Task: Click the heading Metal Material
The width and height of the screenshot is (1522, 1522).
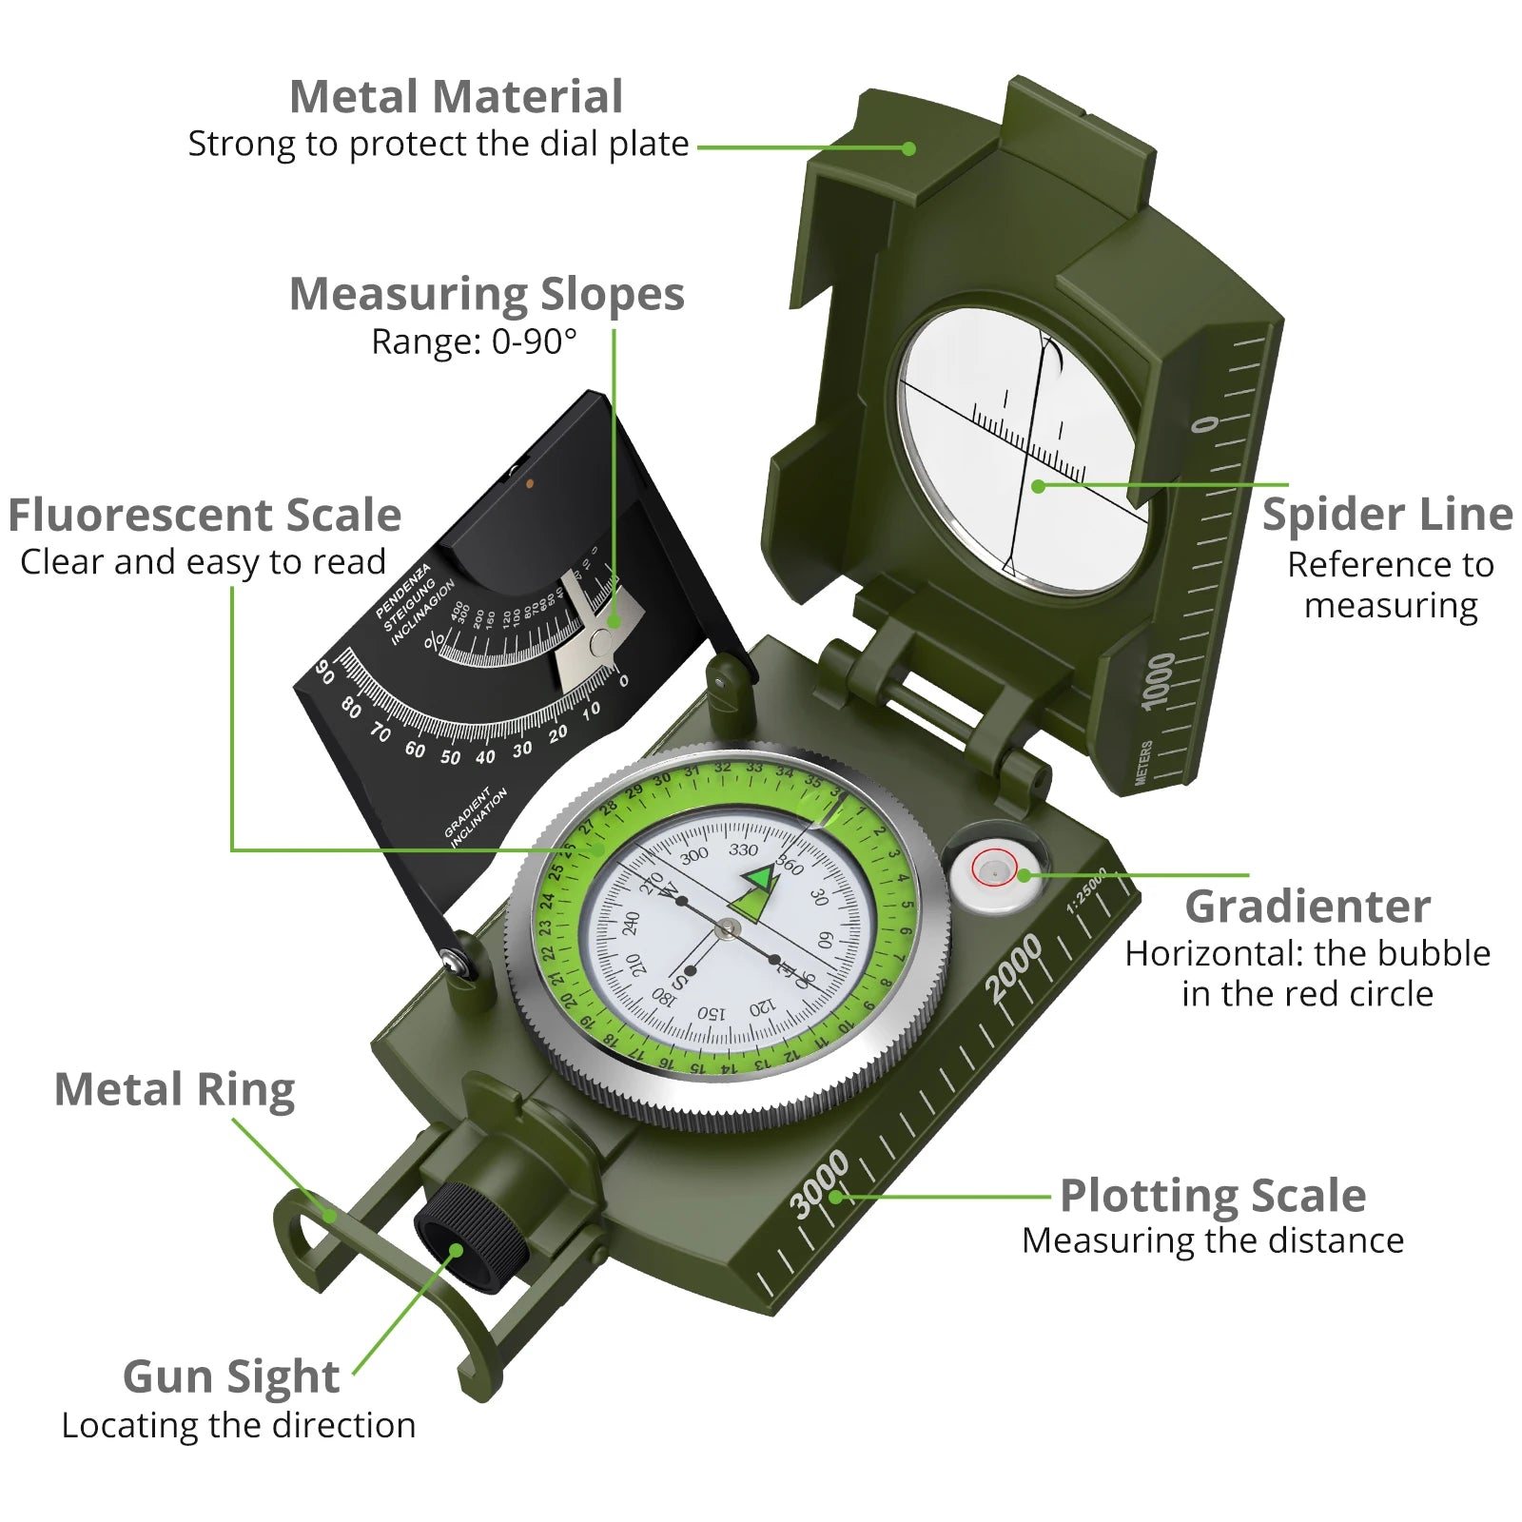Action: coord(456,97)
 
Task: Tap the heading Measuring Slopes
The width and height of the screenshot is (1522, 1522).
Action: coord(486,294)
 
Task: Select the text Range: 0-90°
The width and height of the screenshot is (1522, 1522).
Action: coord(474,341)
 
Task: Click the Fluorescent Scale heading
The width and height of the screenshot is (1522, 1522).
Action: coord(205,516)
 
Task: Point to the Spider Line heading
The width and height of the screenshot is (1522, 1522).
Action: coord(1387,515)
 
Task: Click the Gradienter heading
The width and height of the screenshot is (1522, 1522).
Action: coord(1307,907)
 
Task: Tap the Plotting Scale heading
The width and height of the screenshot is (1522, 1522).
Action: coord(1213,1196)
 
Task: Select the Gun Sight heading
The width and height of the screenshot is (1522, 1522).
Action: coord(231,1376)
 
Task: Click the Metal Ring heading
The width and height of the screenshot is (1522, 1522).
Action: coord(174,1089)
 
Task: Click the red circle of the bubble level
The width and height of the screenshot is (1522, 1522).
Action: coord(994,868)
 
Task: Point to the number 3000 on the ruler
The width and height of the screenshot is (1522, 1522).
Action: coord(819,1183)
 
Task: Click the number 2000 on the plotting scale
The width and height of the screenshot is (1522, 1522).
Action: coord(1013,968)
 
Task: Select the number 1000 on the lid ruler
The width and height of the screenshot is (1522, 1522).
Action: coord(1158,680)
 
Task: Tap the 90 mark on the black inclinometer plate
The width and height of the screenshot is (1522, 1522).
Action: coord(324,672)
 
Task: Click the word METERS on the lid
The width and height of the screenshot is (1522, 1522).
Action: coord(1143,763)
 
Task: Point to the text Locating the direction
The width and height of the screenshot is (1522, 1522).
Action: coord(239,1426)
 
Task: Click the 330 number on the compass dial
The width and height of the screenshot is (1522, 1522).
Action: coord(743,849)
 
